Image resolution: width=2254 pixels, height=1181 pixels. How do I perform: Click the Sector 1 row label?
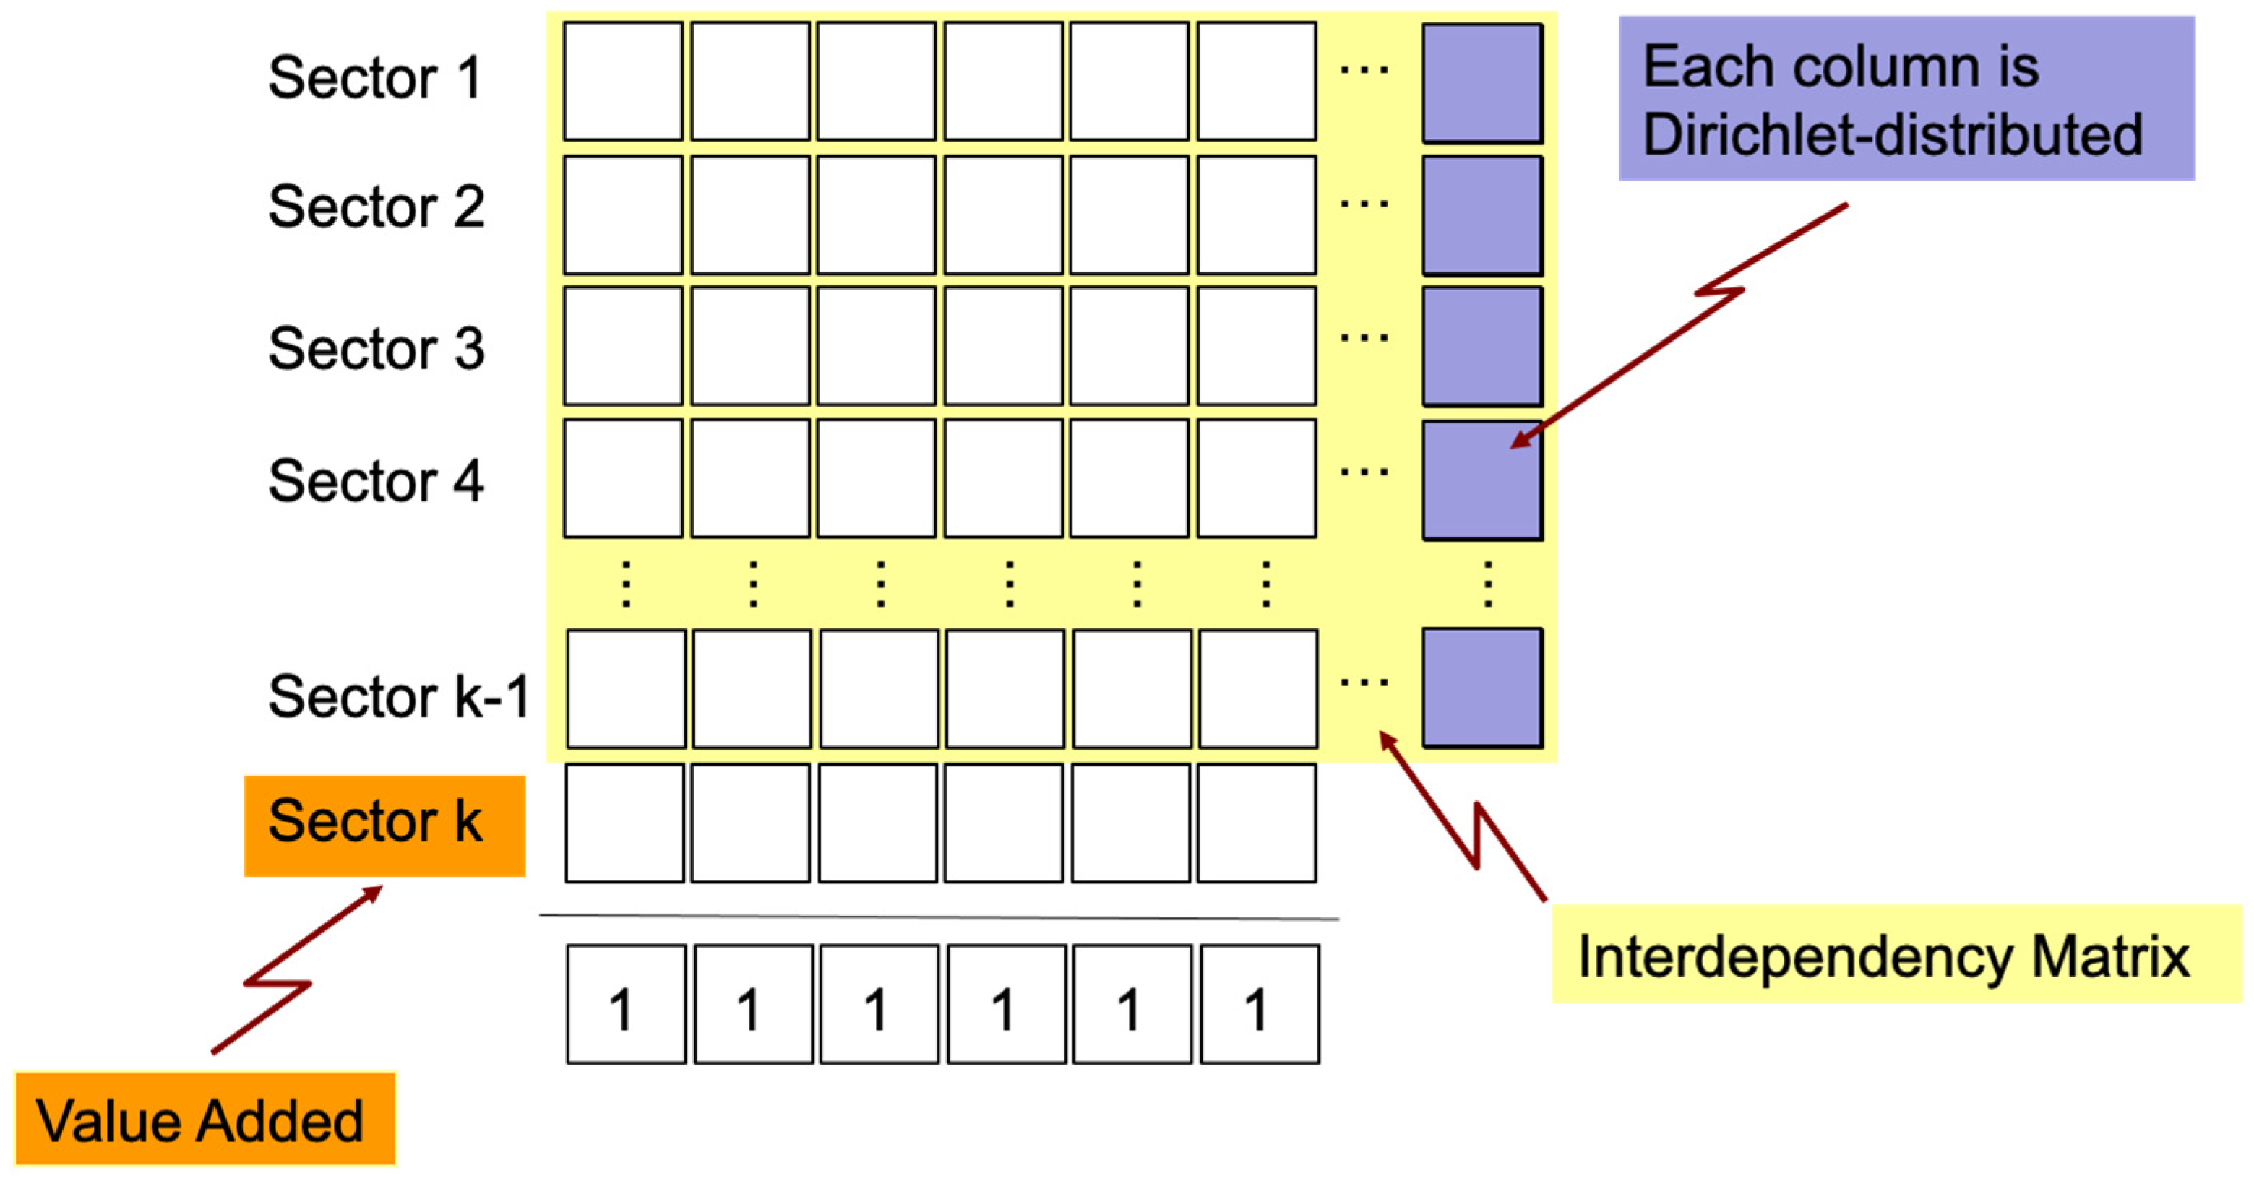click(x=374, y=77)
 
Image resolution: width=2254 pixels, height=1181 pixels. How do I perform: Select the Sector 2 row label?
click(x=377, y=207)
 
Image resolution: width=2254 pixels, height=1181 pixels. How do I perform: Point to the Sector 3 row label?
click(x=377, y=348)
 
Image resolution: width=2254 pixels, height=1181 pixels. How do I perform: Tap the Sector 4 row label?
click(x=377, y=480)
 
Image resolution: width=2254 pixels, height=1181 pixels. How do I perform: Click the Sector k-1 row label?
click(x=399, y=696)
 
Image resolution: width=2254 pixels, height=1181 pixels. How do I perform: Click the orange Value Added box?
click(x=205, y=1120)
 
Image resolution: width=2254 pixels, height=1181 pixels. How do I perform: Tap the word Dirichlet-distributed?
click(x=1892, y=136)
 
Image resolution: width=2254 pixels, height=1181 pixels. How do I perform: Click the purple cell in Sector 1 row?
click(x=1481, y=83)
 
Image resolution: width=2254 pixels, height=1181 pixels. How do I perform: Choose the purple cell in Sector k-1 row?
click(x=1481, y=688)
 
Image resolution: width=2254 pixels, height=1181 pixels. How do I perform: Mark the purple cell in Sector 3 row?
click(x=1481, y=347)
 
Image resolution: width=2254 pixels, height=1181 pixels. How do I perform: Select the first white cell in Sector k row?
click(x=624, y=822)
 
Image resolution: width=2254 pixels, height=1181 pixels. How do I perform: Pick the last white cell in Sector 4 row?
click(x=1255, y=477)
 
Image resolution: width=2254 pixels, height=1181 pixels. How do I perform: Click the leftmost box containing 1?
click(x=626, y=1003)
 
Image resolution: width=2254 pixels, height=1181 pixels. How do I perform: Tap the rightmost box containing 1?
click(x=1259, y=1003)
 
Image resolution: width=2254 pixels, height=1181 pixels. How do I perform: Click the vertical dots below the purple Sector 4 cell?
click(x=1487, y=584)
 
